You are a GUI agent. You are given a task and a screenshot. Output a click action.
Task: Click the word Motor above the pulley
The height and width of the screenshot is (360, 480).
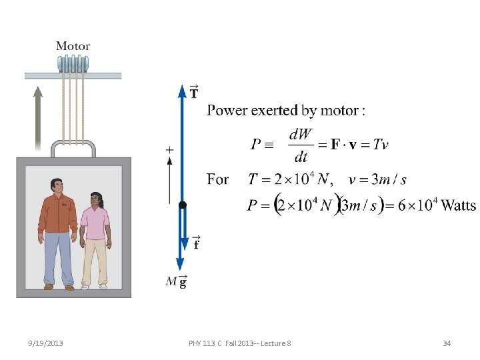(x=73, y=46)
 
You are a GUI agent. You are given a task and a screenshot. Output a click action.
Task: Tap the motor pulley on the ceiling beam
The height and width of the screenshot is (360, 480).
(x=73, y=64)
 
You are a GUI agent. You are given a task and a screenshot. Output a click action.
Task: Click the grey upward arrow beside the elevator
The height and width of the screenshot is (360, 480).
(x=38, y=117)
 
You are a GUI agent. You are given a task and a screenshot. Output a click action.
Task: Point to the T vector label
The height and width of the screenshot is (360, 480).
(x=193, y=91)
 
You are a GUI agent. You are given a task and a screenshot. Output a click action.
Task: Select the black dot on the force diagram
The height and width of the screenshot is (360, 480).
(x=183, y=205)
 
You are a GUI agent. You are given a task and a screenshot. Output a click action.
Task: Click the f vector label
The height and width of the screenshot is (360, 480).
(x=196, y=243)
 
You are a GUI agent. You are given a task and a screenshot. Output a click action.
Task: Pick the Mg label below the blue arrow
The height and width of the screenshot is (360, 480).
(x=176, y=282)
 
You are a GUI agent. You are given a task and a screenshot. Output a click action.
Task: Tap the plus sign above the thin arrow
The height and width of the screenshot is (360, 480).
(x=169, y=151)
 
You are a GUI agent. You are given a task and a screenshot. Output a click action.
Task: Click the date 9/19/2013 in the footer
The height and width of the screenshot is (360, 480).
(x=47, y=343)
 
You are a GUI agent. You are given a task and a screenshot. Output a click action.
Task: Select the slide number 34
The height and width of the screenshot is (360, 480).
(x=447, y=343)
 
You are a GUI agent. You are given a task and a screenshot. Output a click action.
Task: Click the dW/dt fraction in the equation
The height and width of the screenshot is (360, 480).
(x=301, y=145)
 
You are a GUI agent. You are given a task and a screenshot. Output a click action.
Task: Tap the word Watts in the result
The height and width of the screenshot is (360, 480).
(x=459, y=205)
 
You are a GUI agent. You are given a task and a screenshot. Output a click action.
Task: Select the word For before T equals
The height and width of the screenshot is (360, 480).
(x=218, y=179)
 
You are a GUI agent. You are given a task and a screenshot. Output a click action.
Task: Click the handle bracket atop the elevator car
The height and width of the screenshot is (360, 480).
(x=73, y=148)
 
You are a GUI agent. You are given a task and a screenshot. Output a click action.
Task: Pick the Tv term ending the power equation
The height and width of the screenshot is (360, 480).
(x=381, y=144)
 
